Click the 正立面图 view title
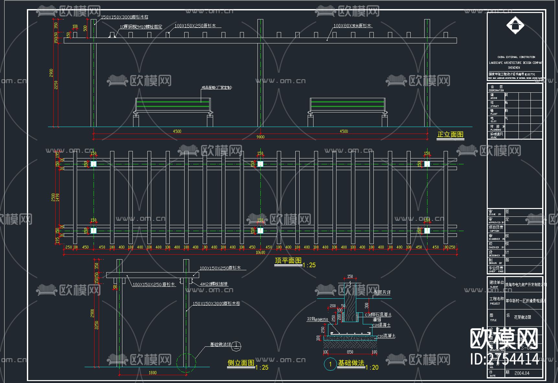[x=450, y=135]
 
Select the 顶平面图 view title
[x=288, y=261]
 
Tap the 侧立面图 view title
[x=241, y=363]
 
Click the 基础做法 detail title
[x=351, y=363]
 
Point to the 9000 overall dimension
[x=260, y=137]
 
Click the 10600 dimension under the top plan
[x=260, y=253]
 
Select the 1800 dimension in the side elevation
[x=153, y=373]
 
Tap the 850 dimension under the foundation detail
[x=350, y=352]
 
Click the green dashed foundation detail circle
[x=186, y=362]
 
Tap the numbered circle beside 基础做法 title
[x=330, y=364]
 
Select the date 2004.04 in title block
[x=522, y=373]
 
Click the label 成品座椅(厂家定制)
[x=216, y=87]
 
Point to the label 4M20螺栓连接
[x=214, y=284]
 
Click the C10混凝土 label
[x=386, y=336]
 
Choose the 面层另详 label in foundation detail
[x=382, y=293]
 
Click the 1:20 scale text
[x=372, y=367]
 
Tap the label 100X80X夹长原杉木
[x=352, y=26]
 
